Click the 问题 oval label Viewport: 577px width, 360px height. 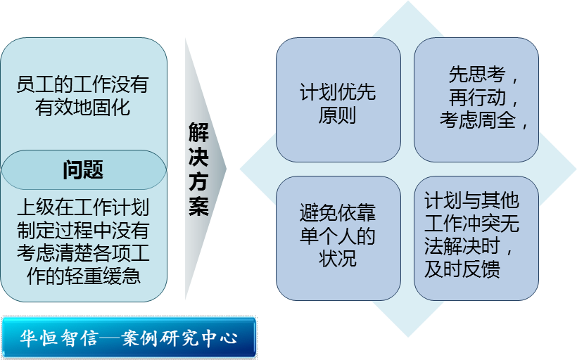tap(83, 170)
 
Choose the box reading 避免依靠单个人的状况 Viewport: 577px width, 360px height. tap(338, 237)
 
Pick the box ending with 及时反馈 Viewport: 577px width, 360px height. tap(476, 237)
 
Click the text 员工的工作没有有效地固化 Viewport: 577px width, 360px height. tap(83, 96)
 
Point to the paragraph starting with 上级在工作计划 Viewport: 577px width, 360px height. tap(83, 242)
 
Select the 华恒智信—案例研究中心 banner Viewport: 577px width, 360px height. tap(129, 337)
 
